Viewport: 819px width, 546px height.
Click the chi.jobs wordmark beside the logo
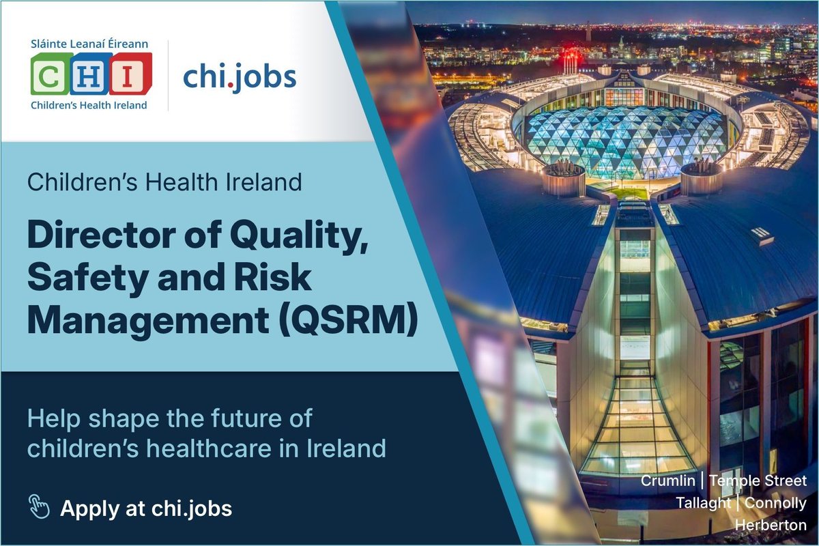(240, 78)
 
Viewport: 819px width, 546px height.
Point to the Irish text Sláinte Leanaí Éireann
(89, 46)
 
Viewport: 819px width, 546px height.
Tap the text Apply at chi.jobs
(146, 508)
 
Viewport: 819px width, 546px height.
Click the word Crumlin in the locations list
(668, 481)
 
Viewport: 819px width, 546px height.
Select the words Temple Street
(758, 481)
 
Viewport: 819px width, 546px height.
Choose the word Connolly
(776, 503)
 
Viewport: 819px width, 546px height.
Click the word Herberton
(771, 525)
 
